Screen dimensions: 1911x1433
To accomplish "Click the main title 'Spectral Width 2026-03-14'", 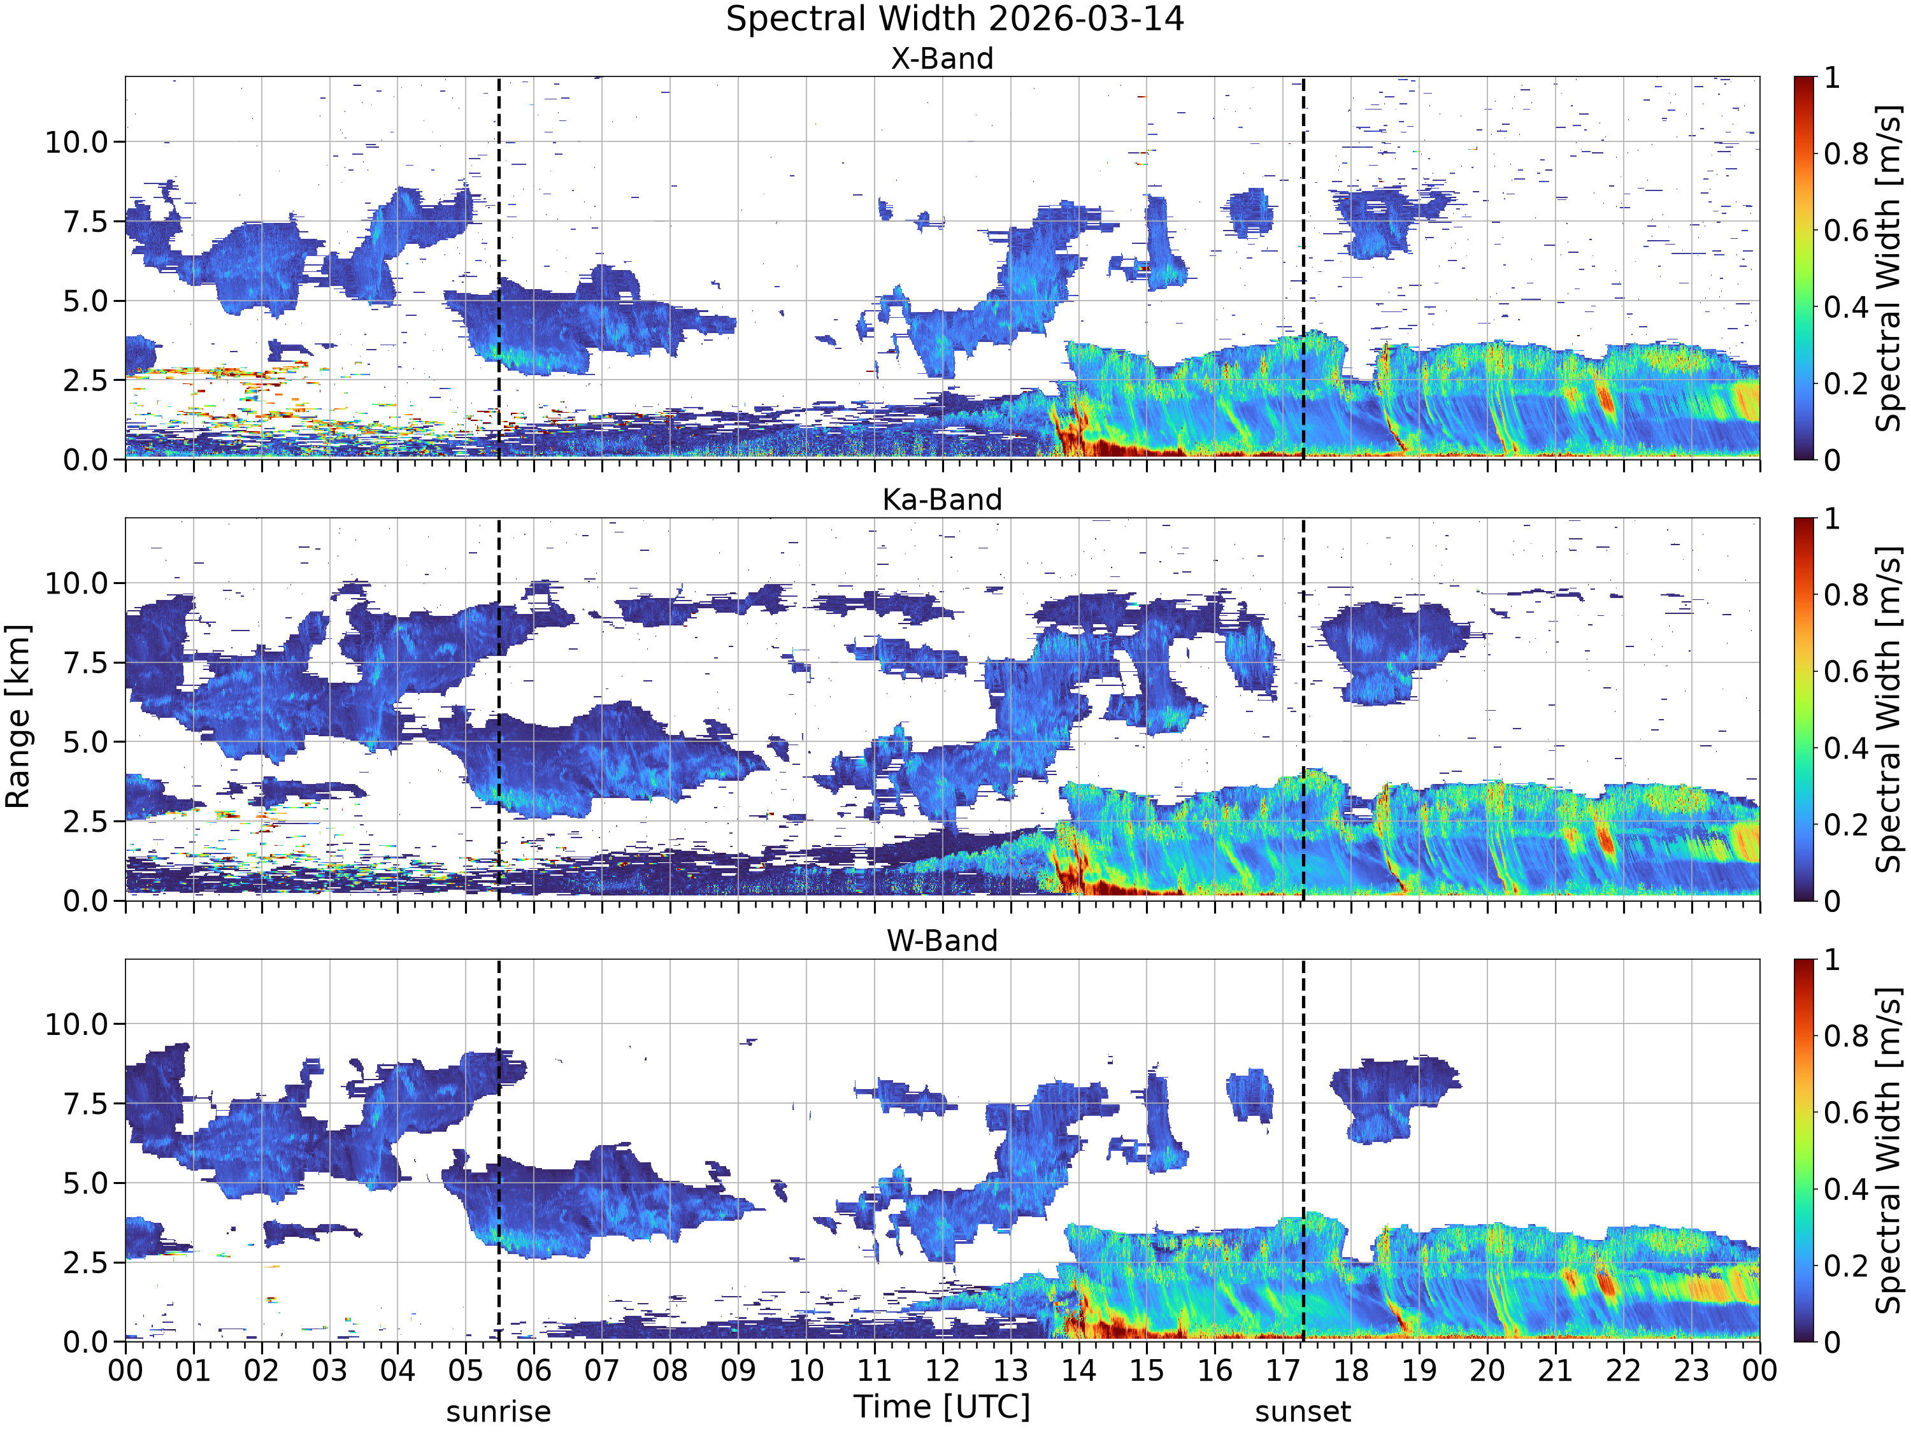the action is [x=955, y=19].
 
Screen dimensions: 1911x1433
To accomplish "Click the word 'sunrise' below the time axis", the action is [x=499, y=1412].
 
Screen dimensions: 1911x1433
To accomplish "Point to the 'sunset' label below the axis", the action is [x=1303, y=1412].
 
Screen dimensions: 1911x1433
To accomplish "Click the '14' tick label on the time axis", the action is [x=1079, y=1371].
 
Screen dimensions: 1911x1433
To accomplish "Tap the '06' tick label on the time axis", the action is [x=534, y=1371].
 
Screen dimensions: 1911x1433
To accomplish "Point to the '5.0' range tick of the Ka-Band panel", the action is [x=87, y=742].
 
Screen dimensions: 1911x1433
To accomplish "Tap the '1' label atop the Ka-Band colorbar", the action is [x=1831, y=519].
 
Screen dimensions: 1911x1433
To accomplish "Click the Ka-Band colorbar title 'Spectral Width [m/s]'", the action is [x=1889, y=709].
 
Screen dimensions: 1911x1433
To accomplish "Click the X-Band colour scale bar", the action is [x=1804, y=267].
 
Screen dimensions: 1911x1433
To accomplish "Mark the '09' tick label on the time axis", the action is [x=739, y=1371].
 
